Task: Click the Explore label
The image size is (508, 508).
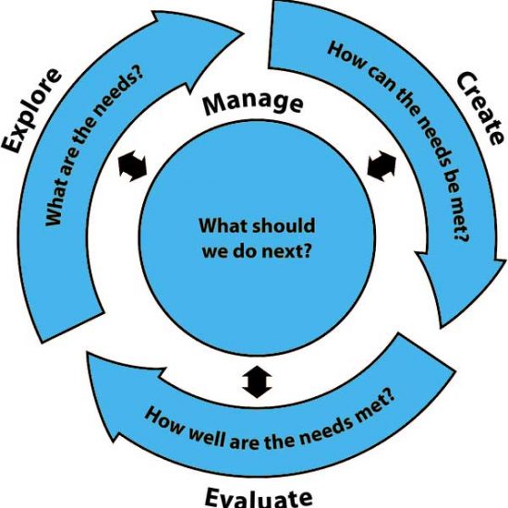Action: pyautogui.click(x=31, y=111)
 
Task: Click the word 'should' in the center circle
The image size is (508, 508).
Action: pyautogui.click(x=284, y=225)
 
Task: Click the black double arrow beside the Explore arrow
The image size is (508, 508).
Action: pyautogui.click(x=132, y=166)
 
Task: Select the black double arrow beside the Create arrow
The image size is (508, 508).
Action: pyautogui.click(x=381, y=166)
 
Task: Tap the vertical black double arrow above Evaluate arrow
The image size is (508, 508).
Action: pyautogui.click(x=257, y=382)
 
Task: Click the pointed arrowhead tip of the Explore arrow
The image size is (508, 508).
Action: pyautogui.click(x=243, y=32)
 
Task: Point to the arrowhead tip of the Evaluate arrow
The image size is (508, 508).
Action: pyautogui.click(x=87, y=353)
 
